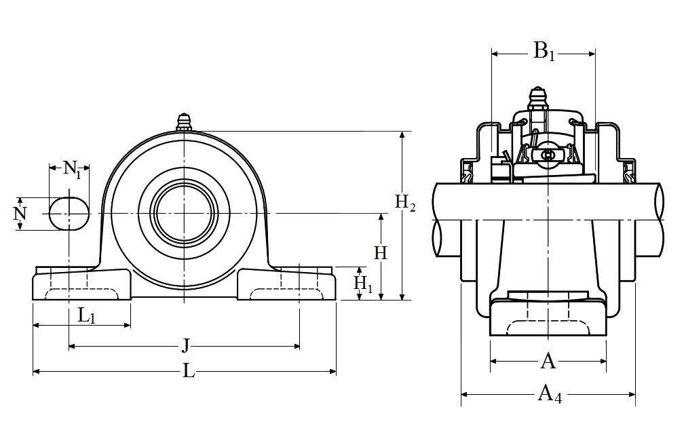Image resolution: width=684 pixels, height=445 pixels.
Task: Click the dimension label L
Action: [x=189, y=372]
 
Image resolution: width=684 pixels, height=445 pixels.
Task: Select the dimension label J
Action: [x=185, y=346]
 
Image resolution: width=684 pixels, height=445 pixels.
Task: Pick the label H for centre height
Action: [x=381, y=253]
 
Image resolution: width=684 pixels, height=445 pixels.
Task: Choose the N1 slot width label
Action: [x=72, y=168]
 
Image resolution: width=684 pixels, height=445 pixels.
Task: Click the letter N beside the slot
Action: [x=20, y=214]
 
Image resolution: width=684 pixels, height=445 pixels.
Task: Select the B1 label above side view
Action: [x=544, y=51]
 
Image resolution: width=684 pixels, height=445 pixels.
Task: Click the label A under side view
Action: [x=548, y=362]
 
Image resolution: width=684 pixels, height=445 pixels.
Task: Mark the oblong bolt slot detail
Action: [x=69, y=213]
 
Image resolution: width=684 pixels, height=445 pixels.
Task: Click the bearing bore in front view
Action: [x=183, y=213]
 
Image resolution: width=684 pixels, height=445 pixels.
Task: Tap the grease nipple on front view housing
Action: [x=183, y=122]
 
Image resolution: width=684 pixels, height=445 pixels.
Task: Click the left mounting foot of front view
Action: [x=81, y=285]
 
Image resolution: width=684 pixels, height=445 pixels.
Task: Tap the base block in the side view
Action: [x=548, y=319]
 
